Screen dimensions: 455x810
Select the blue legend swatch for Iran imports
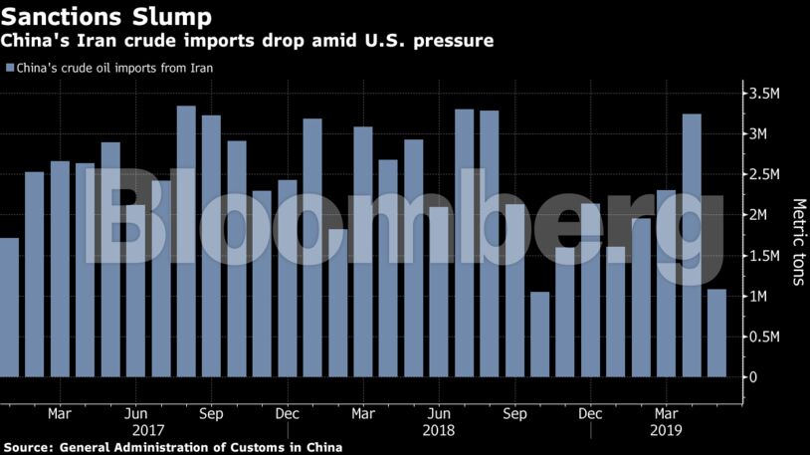tap(10, 69)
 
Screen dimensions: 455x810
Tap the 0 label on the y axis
tap(753, 377)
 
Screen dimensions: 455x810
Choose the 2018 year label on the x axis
tap(438, 431)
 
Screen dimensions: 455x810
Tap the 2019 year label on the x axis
tap(666, 431)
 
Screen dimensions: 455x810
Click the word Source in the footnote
tap(27, 448)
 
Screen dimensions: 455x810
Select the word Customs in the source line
tap(254, 448)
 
